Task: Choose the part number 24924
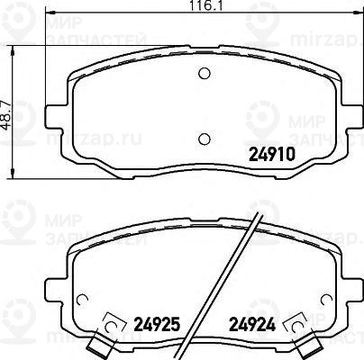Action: pos(248,323)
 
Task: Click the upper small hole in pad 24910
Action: pos(204,74)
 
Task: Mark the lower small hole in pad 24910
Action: pos(204,138)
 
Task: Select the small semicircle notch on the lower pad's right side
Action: pos(326,301)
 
